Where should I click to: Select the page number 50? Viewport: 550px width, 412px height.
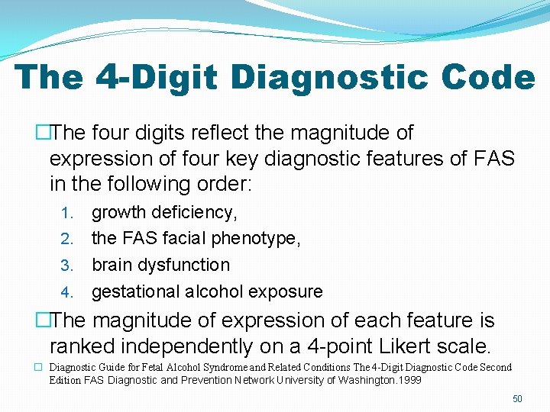pos(517,399)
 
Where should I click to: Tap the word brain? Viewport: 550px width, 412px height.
pos(113,265)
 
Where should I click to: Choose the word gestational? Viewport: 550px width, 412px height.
pos(134,291)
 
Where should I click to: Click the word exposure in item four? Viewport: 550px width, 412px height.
pos(286,291)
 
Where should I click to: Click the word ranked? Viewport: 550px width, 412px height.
pos(81,346)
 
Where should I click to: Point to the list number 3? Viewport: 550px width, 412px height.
pos(66,266)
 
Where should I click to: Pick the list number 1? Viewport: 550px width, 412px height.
pos(66,213)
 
